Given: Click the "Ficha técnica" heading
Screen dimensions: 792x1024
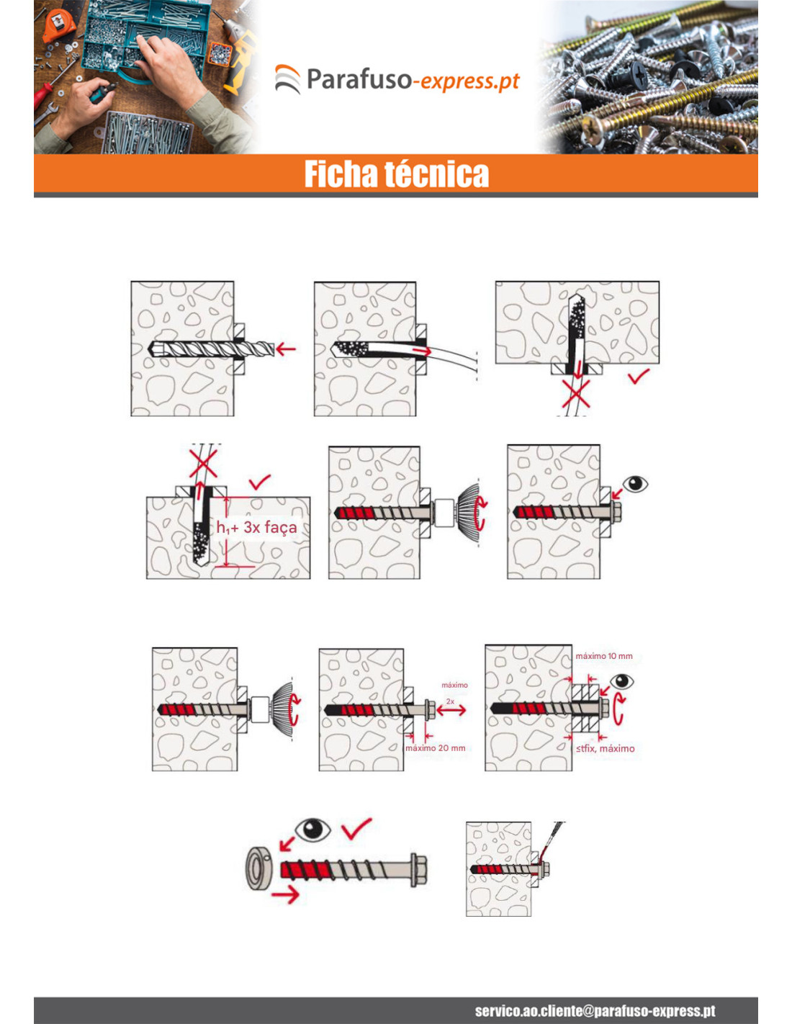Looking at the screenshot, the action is (396, 174).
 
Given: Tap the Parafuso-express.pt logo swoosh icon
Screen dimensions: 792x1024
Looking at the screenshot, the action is (287, 79).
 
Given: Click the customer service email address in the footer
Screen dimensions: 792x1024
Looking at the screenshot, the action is (595, 1010).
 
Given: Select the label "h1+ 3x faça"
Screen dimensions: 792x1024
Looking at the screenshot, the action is (257, 527).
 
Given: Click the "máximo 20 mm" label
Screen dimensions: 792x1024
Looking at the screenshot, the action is (436, 748).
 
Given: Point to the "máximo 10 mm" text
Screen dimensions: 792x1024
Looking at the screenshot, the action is (604, 656).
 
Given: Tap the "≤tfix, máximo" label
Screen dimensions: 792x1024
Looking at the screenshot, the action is (605, 748).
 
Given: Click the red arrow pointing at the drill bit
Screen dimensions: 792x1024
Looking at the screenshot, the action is (286, 349).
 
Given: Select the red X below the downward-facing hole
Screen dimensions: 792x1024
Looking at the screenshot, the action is (576, 394).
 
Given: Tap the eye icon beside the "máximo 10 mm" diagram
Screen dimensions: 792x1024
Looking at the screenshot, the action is (621, 681).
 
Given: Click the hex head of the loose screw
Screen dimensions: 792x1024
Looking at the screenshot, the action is (418, 870).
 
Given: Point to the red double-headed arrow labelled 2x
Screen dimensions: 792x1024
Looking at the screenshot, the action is (451, 710).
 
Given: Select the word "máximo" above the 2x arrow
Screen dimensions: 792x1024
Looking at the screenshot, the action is (454, 685).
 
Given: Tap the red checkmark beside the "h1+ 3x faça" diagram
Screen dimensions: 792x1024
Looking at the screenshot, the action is (259, 482).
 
